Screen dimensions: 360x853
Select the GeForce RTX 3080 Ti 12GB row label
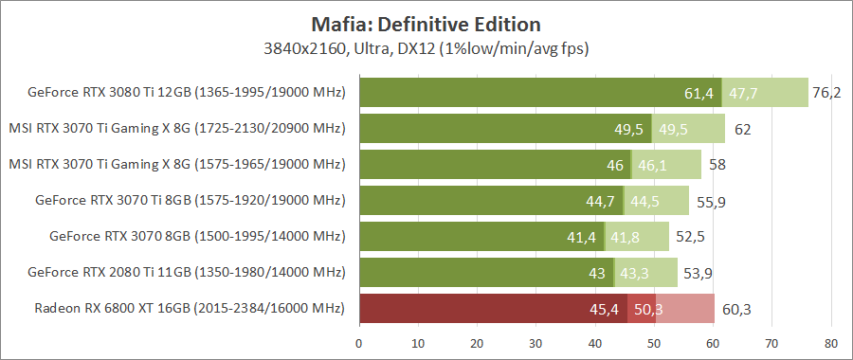point(186,93)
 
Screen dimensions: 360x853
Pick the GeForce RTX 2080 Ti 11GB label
point(187,273)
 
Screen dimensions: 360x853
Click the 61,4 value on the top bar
point(698,93)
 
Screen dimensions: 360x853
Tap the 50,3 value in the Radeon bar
point(648,309)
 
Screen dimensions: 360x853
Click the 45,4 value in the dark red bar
point(604,309)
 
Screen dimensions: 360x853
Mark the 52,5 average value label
point(688,237)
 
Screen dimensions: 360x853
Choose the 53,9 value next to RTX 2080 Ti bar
point(697,273)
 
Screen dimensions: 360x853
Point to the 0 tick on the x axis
point(359,343)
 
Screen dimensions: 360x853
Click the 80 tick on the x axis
point(831,343)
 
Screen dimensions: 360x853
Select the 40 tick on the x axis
point(595,343)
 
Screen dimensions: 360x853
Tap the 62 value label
point(742,129)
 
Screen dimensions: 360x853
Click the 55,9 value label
point(708,201)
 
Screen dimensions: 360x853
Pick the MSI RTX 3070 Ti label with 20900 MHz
point(176,129)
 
